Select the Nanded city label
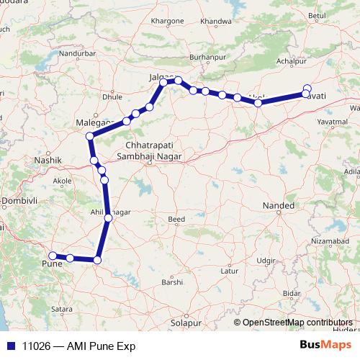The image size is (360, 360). (279, 206)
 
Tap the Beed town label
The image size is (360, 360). (176, 219)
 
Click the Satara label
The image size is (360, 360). (63, 309)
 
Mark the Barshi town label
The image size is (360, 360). (172, 283)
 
